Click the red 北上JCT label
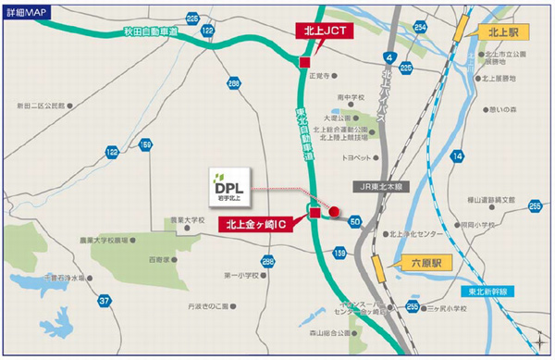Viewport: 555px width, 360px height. pyautogui.click(x=325, y=31)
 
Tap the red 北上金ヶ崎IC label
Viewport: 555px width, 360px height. pyautogui.click(x=264, y=224)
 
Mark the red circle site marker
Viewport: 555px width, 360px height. pyautogui.click(x=335, y=211)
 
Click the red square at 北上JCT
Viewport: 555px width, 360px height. pyautogui.click(x=304, y=62)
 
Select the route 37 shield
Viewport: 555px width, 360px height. pyautogui.click(x=105, y=301)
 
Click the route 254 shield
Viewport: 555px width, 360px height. pyautogui.click(x=421, y=27)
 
